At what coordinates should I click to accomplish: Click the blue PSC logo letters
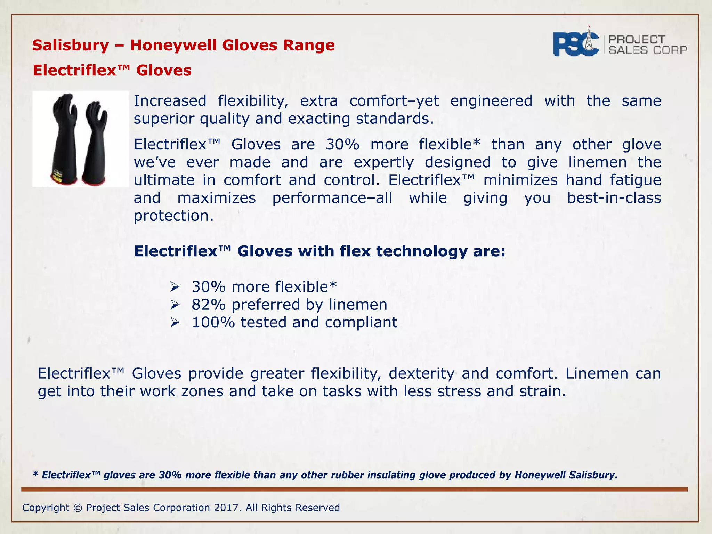click(x=575, y=44)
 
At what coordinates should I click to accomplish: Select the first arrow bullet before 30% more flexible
click(x=175, y=287)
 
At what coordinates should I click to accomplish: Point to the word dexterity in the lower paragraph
click(x=421, y=374)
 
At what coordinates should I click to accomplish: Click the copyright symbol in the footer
click(x=78, y=508)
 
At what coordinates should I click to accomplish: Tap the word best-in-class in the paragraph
click(x=614, y=198)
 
